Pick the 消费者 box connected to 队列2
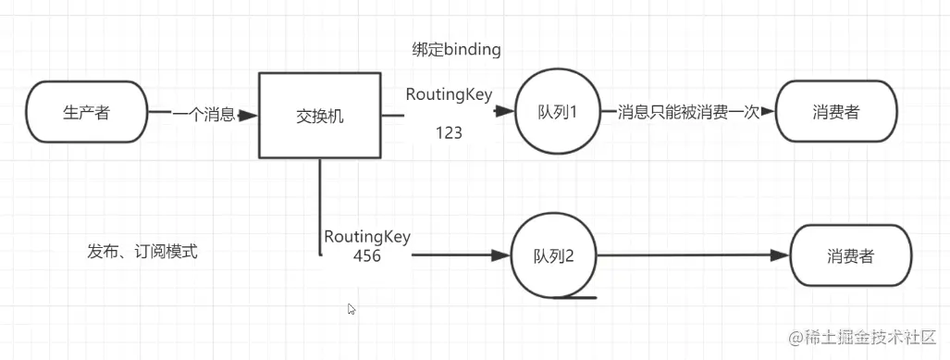850,256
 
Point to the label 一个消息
204,115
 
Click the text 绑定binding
456,50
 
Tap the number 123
449,133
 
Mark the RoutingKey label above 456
367,237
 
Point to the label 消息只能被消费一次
688,112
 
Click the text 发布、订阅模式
142,251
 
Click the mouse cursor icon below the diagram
352,309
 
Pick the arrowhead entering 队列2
501,256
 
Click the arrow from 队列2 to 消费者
694,256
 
